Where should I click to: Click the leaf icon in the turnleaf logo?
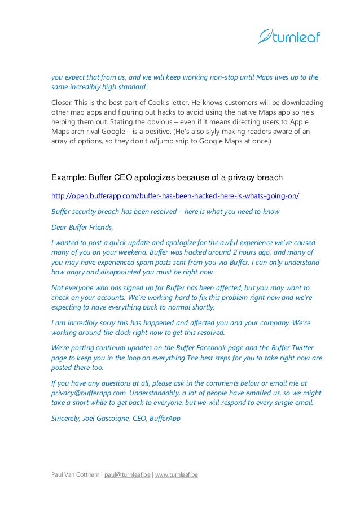pyautogui.click(x=266, y=37)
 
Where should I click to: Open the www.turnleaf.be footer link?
pyautogui.click(x=176, y=475)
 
